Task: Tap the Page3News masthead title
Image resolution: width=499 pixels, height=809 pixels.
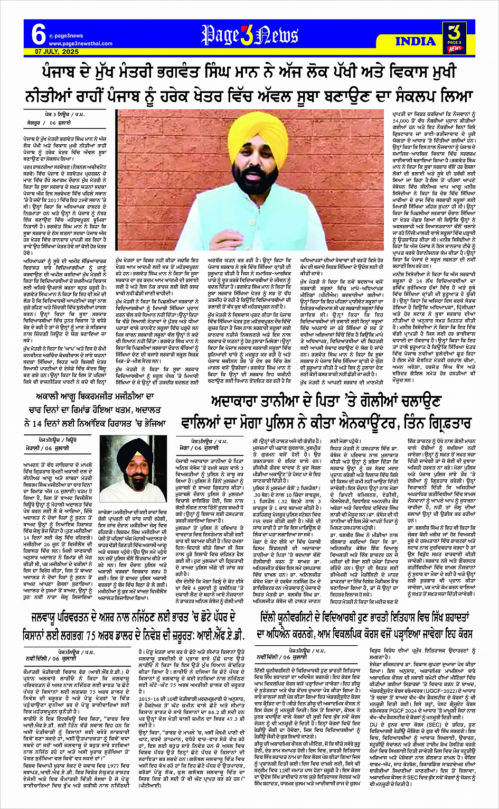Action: (x=250, y=35)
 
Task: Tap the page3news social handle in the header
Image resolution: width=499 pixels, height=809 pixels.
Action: (x=69, y=36)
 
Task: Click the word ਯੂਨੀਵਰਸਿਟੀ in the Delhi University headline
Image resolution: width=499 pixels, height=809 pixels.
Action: (x=311, y=617)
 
